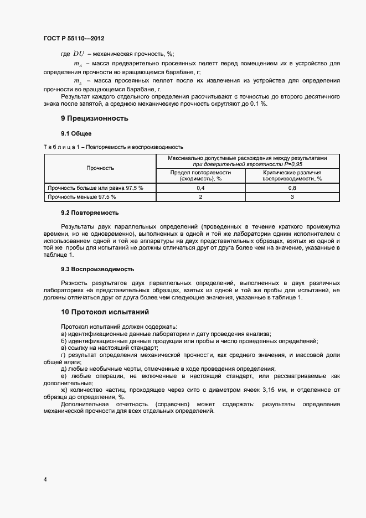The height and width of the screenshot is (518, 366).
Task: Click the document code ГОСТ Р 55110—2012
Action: point(74,39)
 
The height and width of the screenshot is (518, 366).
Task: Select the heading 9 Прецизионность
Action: point(94,118)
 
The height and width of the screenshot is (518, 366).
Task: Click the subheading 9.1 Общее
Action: point(76,134)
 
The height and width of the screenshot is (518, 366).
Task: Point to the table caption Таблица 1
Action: point(114,147)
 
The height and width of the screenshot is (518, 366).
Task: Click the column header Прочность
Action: point(100,168)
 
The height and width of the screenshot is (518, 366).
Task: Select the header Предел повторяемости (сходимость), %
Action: point(200,175)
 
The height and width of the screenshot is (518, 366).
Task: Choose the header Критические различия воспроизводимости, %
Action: point(292,175)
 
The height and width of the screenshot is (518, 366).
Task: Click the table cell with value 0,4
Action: point(200,188)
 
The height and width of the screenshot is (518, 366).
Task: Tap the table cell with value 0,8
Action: point(292,188)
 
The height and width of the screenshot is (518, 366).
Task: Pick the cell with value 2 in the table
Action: point(200,196)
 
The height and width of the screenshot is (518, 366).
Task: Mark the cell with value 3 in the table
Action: point(292,196)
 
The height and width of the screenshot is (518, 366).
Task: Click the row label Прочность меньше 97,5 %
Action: point(82,196)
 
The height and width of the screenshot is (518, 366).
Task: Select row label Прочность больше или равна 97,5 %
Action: point(95,188)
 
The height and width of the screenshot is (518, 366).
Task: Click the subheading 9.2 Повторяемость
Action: point(90,213)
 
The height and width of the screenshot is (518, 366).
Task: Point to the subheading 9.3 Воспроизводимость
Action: point(97,269)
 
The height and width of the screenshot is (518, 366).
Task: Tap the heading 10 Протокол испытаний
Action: point(105,312)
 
